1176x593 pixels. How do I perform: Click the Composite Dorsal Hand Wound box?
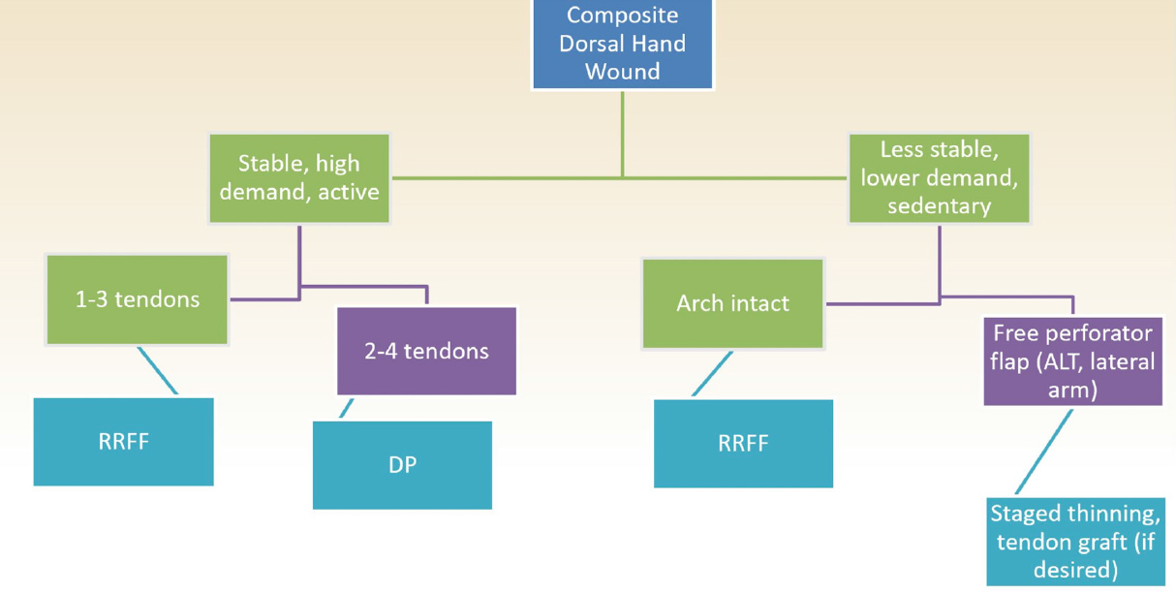623,44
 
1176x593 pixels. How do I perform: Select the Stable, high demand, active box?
299,178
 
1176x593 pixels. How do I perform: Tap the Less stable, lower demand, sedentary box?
940,178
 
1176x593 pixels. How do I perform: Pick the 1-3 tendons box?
137,299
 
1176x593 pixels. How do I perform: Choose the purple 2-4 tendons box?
426,351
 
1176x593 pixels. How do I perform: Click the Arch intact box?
733,303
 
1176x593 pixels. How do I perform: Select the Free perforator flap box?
1072,361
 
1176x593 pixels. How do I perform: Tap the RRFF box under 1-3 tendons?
123,442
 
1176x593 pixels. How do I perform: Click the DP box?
402,465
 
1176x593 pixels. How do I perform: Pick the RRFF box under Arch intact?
743,444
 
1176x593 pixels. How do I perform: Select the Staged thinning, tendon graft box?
1075,542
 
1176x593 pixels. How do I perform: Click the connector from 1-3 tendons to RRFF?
158,370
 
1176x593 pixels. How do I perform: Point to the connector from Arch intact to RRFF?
712,373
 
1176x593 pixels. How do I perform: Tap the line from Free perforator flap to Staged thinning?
1043,452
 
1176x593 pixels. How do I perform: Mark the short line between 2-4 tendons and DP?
347,408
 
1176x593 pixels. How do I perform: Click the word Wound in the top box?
623,72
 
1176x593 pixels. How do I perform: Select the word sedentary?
940,206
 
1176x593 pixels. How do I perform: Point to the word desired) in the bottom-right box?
1075,571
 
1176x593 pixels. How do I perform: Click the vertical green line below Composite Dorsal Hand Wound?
623,135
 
